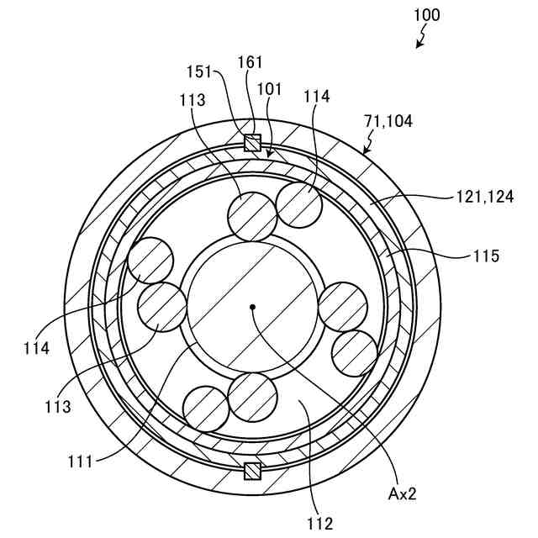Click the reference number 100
pyautogui.click(x=427, y=15)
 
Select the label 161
pyautogui.click(x=251, y=61)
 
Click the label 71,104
pyautogui.click(x=389, y=121)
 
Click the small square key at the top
pyautogui.click(x=251, y=143)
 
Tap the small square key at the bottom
pyautogui.click(x=251, y=472)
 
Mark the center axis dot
pyautogui.click(x=251, y=307)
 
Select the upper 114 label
pyautogui.click(x=313, y=97)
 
